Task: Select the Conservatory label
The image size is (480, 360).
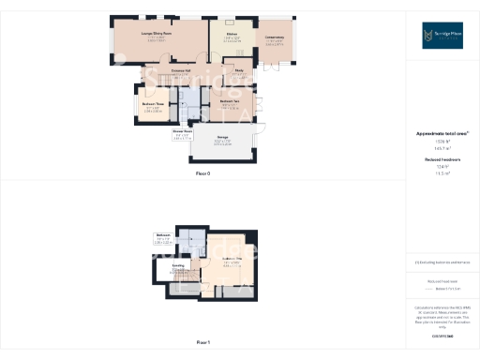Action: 275,37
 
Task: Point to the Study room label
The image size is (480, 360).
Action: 239,70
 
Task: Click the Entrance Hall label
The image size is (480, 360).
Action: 182,70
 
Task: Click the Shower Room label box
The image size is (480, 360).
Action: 182,133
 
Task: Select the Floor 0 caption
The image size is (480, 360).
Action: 202,174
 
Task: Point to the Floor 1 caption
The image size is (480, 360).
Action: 202,343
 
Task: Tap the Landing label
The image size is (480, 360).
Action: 177,267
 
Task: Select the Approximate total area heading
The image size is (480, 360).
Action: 443,134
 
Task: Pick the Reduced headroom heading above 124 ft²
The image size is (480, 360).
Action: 443,160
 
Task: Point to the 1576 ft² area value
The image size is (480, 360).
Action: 443,142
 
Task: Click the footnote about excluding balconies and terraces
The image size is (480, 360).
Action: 443,263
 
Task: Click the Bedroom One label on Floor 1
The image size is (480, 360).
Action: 226,259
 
